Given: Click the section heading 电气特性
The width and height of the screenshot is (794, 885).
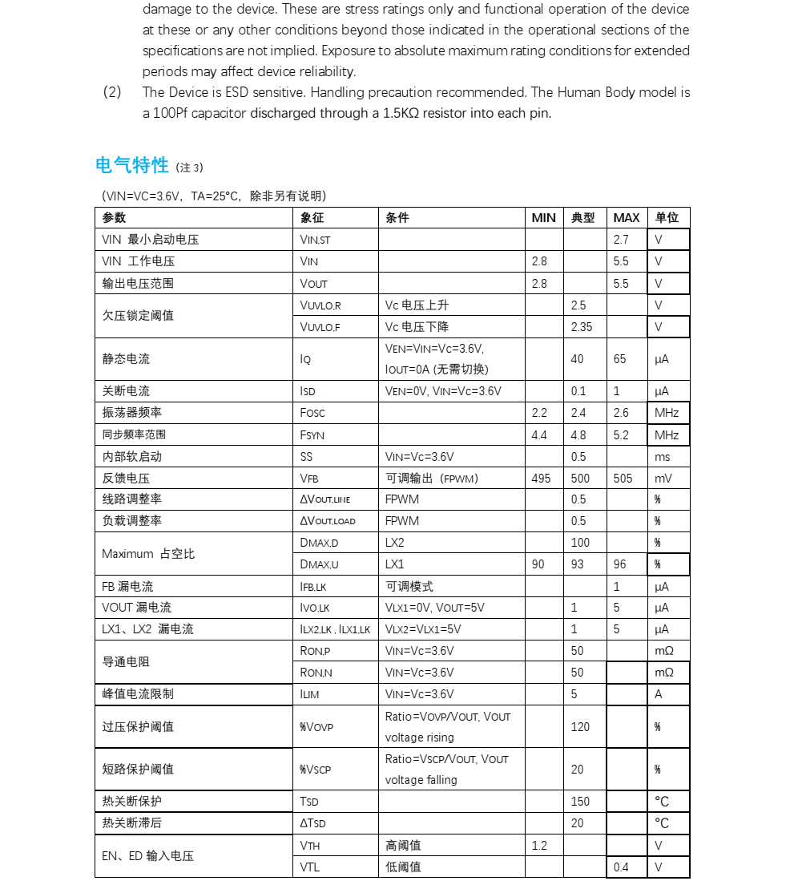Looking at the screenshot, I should click(x=132, y=166).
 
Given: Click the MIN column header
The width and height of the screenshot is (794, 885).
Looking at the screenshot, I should click(x=543, y=218).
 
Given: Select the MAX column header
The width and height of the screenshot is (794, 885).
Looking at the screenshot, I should click(x=626, y=218).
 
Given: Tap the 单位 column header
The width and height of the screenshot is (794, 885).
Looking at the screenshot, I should click(x=667, y=218).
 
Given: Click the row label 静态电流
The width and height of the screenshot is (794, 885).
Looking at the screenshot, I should click(x=126, y=359).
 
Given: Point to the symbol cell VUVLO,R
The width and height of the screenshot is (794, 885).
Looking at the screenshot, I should click(x=320, y=305).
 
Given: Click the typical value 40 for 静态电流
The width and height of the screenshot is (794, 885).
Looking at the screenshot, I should click(x=577, y=359).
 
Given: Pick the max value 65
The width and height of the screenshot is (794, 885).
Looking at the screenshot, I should click(x=619, y=359).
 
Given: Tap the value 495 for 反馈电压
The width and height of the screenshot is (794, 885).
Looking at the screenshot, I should click(x=541, y=479).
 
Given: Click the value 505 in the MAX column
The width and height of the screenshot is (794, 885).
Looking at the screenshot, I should click(x=623, y=479).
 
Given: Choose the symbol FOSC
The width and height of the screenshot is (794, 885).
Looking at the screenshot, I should click(x=312, y=413).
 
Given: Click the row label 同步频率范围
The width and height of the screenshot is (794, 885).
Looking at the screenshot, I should click(x=134, y=434).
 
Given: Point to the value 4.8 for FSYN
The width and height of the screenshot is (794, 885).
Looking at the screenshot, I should click(x=578, y=435).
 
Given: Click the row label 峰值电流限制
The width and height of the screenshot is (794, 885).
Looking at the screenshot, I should click(x=138, y=694).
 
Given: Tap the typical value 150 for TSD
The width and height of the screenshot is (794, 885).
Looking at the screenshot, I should click(x=580, y=802).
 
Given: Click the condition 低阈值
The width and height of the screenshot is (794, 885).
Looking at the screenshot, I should click(x=403, y=867).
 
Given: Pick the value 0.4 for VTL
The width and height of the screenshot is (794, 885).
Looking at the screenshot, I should click(x=621, y=867).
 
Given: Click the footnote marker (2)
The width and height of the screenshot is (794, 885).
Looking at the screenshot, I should click(x=112, y=92).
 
